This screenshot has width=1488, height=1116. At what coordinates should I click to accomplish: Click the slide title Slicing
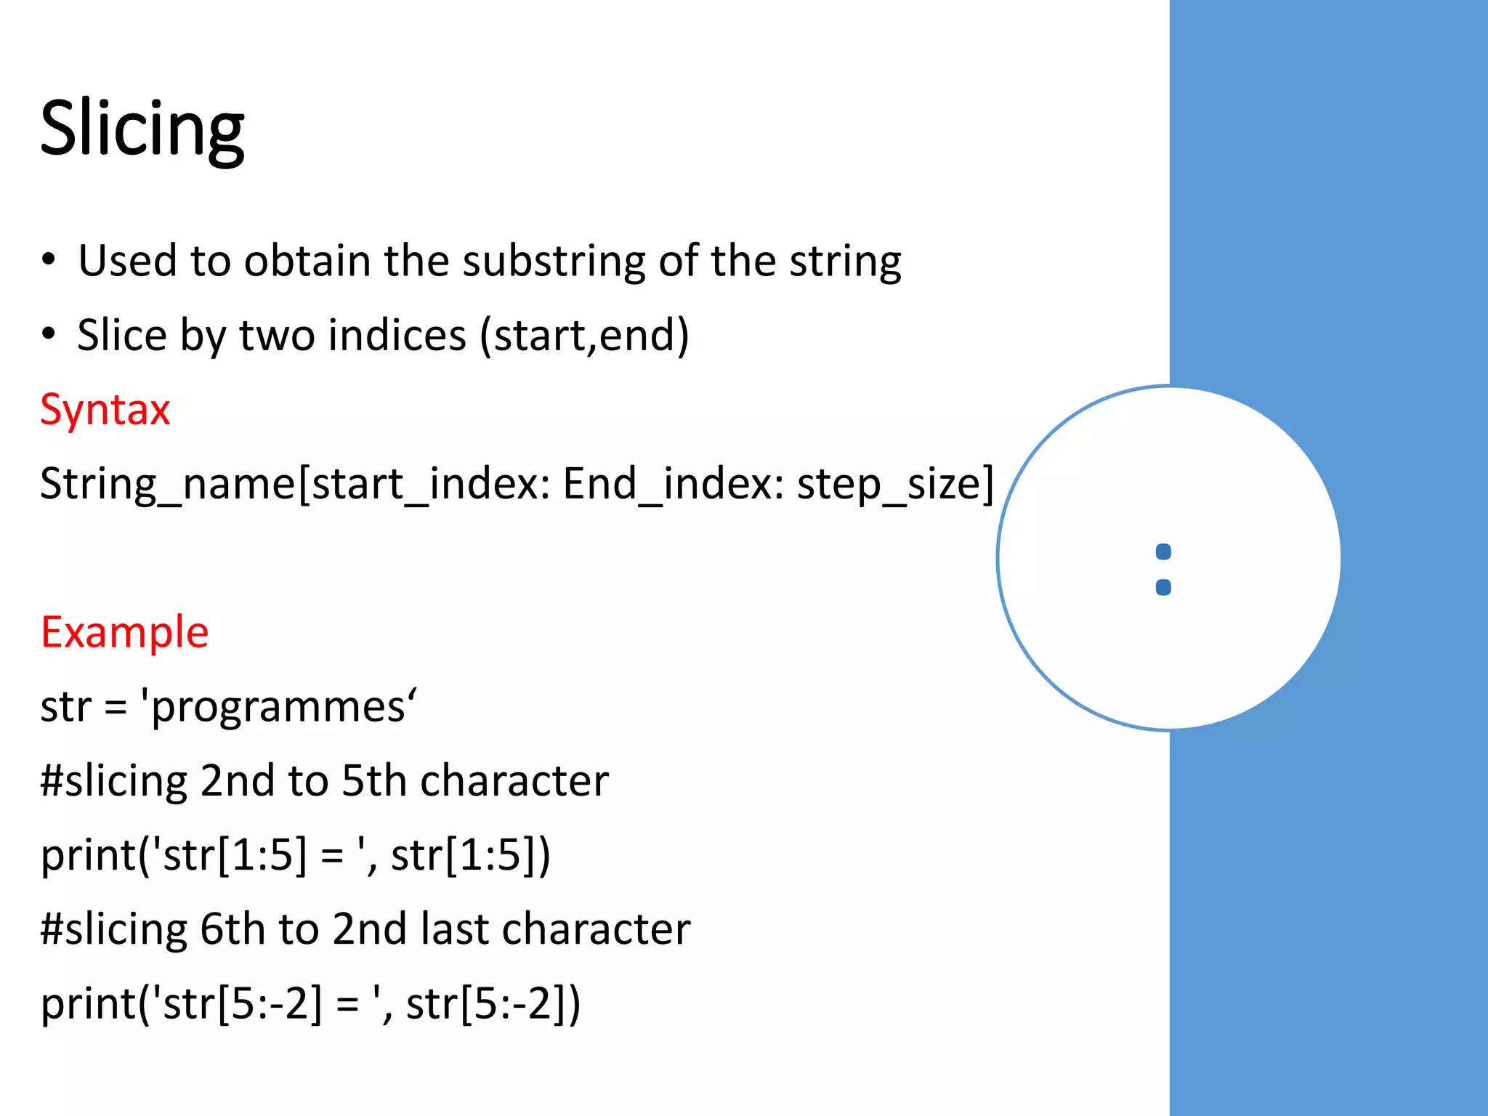coord(142,129)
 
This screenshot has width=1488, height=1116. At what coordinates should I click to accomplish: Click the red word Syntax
coord(105,410)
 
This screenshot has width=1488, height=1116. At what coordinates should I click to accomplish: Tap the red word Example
coord(124,632)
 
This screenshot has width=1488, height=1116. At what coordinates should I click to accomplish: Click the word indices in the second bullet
coord(396,336)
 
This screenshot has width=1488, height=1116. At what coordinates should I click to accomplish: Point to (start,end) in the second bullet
coord(583,336)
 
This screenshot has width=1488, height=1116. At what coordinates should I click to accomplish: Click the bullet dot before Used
coord(49,259)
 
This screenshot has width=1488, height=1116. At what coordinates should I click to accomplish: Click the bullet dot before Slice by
coord(49,333)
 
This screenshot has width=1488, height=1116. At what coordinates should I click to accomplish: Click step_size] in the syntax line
coord(895,484)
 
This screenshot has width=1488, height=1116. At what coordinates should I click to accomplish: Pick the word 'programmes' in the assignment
coord(279,707)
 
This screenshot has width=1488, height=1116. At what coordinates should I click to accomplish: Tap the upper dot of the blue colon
coord(1163,552)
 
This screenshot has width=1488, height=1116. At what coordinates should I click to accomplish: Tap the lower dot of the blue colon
coord(1163,587)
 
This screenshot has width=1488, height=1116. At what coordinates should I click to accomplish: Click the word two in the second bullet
coord(277,336)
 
